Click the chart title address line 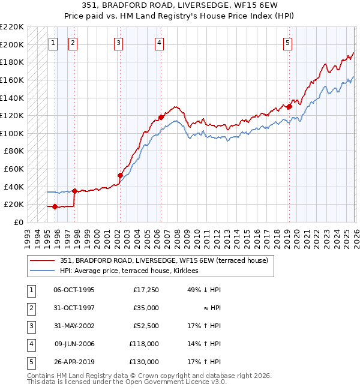[179, 5]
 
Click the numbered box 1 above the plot [53, 43]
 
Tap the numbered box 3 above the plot [119, 43]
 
